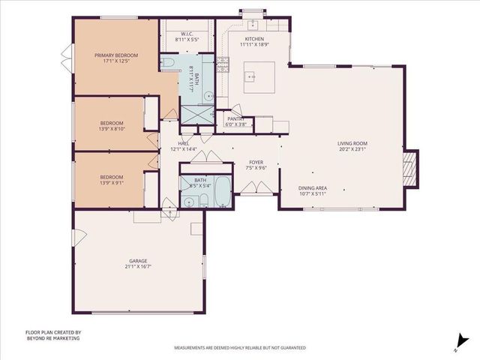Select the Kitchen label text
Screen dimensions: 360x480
click(x=253, y=42)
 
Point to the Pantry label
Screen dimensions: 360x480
click(x=235, y=121)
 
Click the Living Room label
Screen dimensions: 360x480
click(x=351, y=146)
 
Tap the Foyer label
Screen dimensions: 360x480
click(x=256, y=165)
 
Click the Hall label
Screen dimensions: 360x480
click(x=183, y=146)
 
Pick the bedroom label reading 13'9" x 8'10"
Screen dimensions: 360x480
click(x=112, y=125)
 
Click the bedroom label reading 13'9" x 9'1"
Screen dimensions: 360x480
click(x=112, y=180)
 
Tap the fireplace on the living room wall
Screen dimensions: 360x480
click(x=409, y=171)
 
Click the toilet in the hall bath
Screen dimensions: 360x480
click(x=187, y=201)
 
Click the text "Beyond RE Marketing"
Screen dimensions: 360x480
click(x=52, y=338)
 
